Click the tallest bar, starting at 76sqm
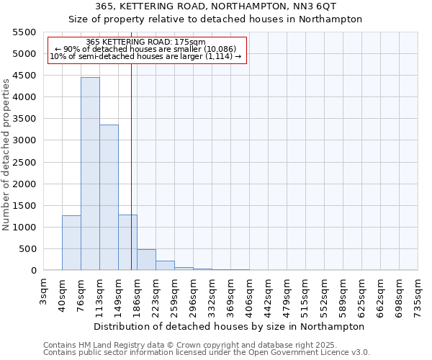(90, 173)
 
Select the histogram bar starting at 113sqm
(109, 197)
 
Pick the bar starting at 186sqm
(146, 260)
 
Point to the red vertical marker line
(131, 166)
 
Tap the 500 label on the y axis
(27, 249)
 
